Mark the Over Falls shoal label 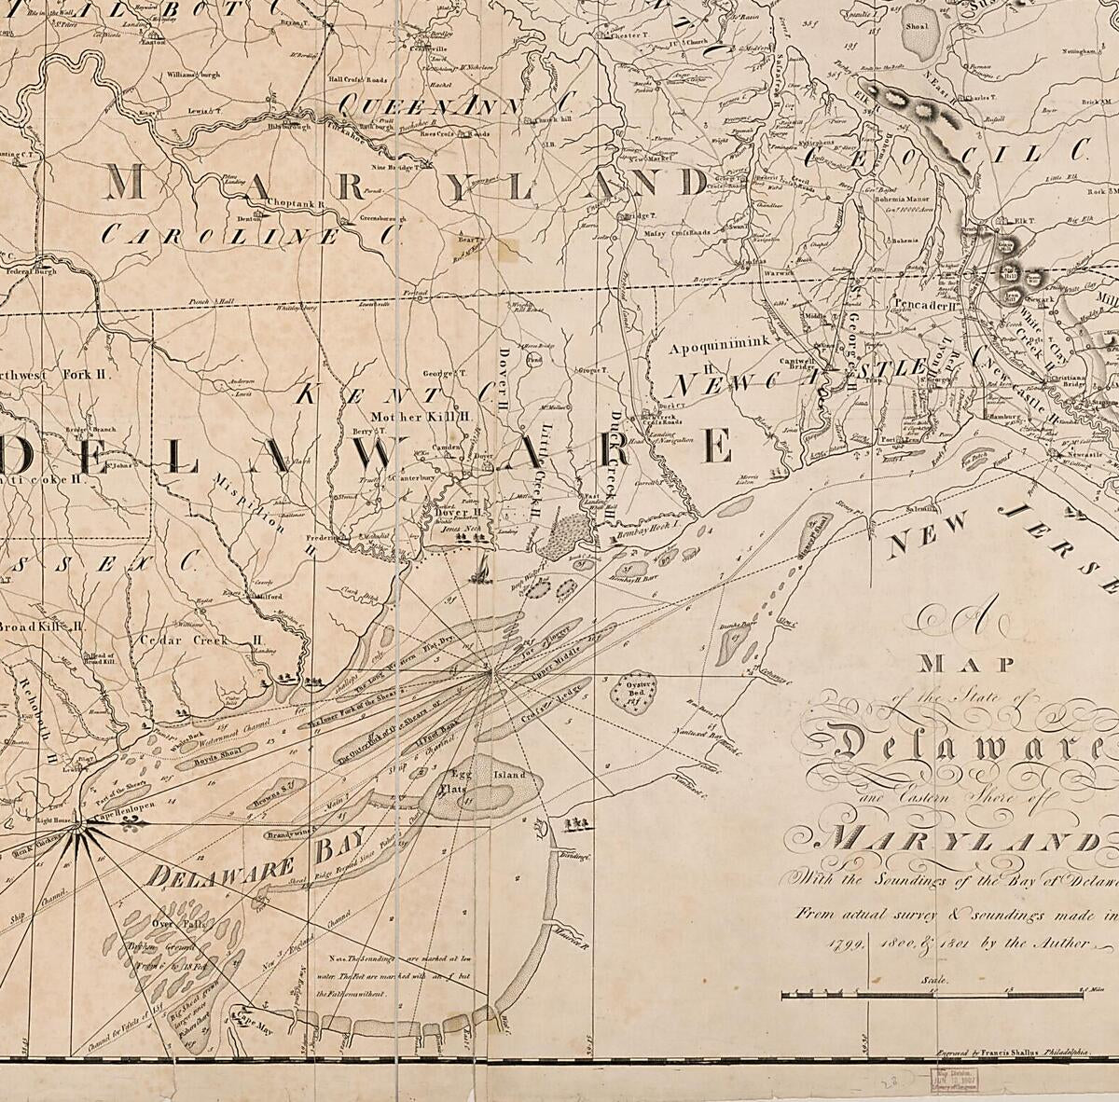(170, 924)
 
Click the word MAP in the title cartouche (953, 665)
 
